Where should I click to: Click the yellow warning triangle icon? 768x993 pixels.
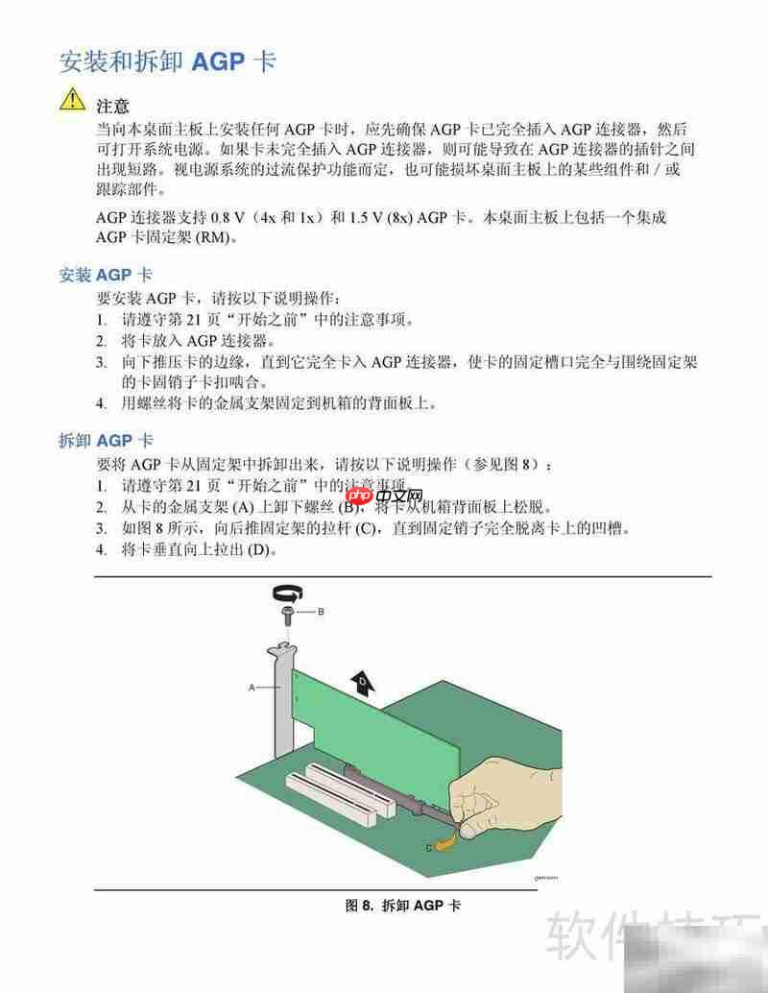(72, 99)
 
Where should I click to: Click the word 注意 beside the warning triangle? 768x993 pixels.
(113, 105)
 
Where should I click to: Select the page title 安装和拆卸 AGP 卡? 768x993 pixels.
(168, 61)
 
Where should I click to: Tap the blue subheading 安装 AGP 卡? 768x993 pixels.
(106, 275)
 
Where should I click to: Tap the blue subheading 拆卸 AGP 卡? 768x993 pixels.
(106, 440)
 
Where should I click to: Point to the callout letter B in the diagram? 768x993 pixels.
(321, 611)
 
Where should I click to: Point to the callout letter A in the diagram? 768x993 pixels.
(252, 688)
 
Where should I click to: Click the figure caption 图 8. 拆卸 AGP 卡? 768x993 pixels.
(402, 906)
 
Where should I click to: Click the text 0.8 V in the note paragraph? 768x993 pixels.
(223, 217)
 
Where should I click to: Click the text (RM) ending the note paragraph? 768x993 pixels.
(214, 237)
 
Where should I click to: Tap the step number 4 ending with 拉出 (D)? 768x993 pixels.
(101, 549)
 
